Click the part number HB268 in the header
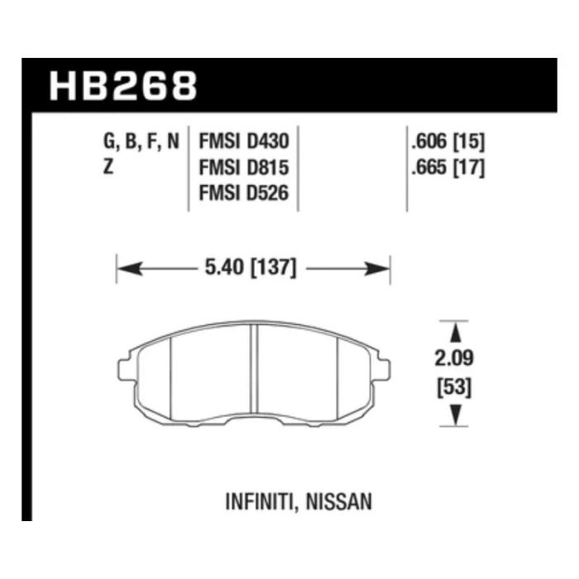(123, 86)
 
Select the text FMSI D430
(244, 141)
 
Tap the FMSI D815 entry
(244, 168)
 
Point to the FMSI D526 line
(244, 193)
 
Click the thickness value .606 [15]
(448, 141)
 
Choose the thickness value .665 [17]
(448, 168)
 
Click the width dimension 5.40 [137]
(251, 267)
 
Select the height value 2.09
(454, 358)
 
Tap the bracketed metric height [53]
(454, 388)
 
